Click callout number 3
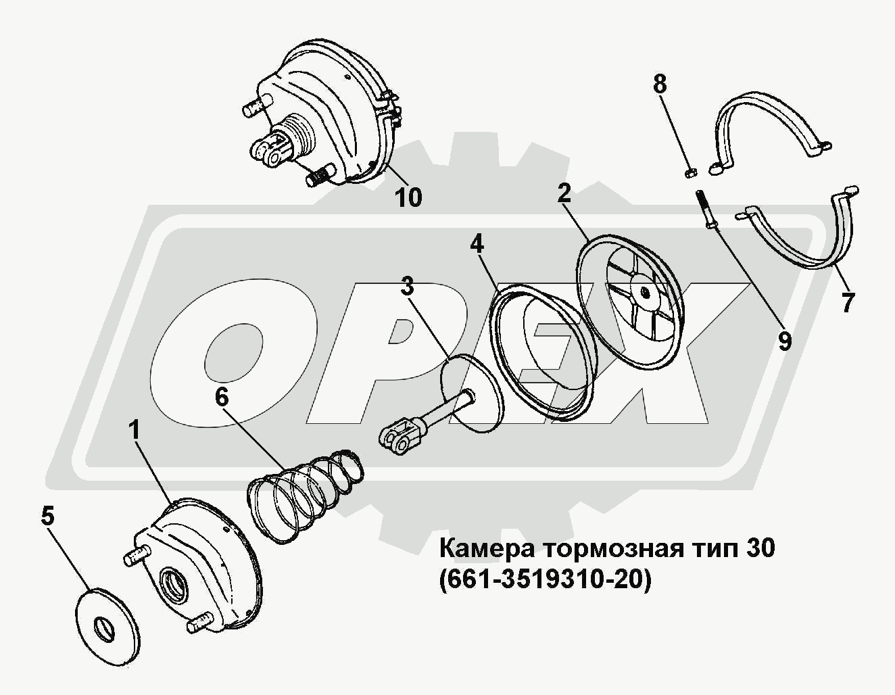pos(407,285)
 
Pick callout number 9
pos(785,341)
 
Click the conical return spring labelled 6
pos(306,498)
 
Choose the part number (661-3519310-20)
pos(546,580)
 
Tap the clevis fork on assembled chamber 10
pos(268,151)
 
